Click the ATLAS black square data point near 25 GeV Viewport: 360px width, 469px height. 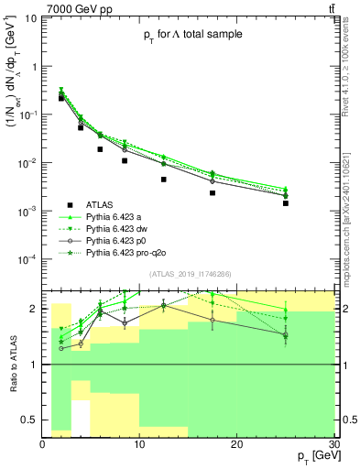point(286,203)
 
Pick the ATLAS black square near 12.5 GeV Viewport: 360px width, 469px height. point(164,180)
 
